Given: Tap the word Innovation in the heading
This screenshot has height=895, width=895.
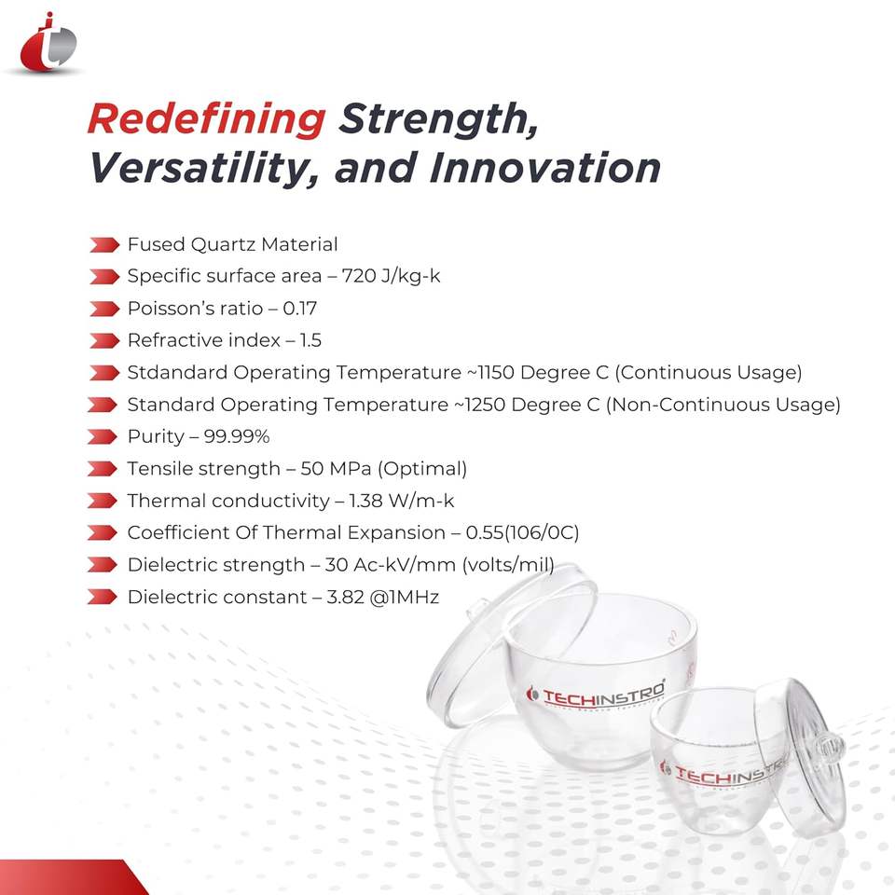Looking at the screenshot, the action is [544, 168].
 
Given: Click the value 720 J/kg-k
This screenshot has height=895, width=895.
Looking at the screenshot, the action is [391, 276].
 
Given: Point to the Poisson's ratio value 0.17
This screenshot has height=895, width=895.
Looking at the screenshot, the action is [299, 309].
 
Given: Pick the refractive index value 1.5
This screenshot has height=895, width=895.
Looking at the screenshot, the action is [311, 340].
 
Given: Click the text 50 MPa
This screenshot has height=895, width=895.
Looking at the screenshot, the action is [337, 469].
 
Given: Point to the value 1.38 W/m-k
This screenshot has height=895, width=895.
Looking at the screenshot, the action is [401, 501].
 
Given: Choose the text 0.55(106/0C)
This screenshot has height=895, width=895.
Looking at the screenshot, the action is [522, 532].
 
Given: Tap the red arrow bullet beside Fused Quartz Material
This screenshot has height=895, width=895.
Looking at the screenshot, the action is [103, 245].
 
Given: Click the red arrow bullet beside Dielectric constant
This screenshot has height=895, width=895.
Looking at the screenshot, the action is [103, 597].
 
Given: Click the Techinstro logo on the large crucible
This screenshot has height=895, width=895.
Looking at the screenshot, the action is [596, 694].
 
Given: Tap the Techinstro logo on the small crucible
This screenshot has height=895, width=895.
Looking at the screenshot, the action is [722, 773].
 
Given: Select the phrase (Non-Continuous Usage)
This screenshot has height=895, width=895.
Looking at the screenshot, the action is [723, 405].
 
